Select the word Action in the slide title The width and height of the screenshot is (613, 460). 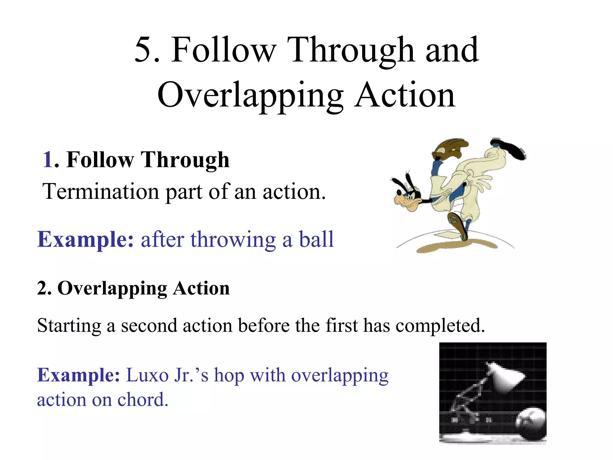click(405, 95)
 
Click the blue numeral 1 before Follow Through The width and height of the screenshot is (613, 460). click(48, 160)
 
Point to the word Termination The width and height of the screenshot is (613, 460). click(101, 192)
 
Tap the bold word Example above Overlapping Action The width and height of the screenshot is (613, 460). click(85, 240)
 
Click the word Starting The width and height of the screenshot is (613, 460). click(69, 326)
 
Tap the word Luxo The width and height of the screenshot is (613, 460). click(147, 375)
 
